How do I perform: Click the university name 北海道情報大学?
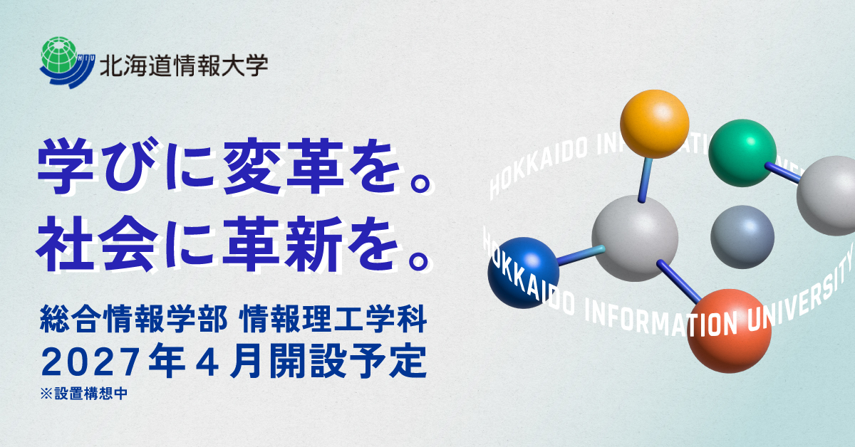tap(184, 66)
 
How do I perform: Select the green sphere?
tap(742, 153)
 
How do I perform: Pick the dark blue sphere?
tap(523, 273)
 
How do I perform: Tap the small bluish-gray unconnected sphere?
tap(742, 237)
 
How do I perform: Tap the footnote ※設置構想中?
tap(84, 392)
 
